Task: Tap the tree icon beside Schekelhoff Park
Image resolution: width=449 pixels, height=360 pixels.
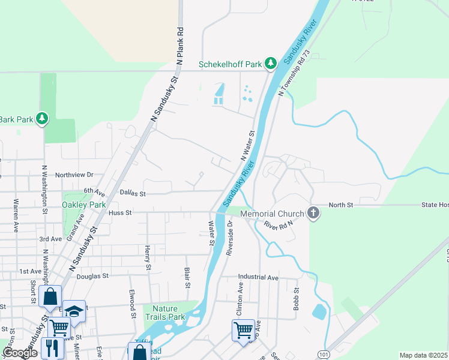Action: click(271, 63)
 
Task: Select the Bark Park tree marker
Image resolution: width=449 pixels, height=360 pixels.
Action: click(42, 119)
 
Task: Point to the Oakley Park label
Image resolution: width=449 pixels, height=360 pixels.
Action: click(83, 205)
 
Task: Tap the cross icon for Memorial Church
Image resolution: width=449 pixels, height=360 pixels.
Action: click(313, 213)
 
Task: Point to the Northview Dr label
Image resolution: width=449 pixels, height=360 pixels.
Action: click(74, 175)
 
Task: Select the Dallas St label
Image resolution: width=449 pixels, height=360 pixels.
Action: click(132, 193)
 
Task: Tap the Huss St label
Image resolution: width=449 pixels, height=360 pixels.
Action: click(120, 212)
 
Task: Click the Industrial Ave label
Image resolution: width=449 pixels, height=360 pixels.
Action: click(258, 277)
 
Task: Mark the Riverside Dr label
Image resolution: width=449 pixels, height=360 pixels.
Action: click(229, 238)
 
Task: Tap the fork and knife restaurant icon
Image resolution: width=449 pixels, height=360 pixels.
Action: click(51, 347)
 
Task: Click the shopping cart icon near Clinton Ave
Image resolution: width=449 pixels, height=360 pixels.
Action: click(243, 329)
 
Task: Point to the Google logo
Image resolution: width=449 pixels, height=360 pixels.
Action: click(20, 353)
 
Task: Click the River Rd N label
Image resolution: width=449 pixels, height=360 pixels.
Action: click(277, 224)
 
